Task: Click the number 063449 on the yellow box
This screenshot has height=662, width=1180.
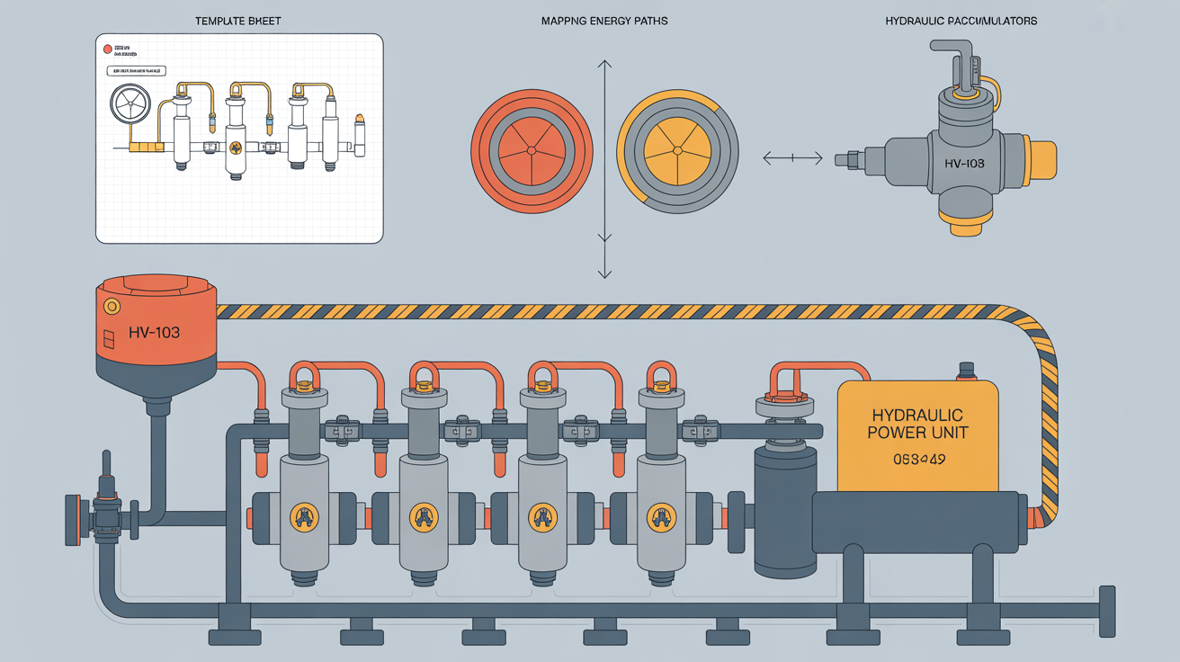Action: (x=917, y=460)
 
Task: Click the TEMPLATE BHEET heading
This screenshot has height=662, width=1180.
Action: (x=238, y=20)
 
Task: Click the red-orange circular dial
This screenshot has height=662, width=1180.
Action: (x=532, y=148)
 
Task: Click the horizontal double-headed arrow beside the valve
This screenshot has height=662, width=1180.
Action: (x=792, y=159)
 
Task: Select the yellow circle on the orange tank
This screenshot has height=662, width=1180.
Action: (x=112, y=307)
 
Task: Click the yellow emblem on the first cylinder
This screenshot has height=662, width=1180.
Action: (x=304, y=516)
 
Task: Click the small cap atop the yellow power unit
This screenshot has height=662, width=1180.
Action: (x=967, y=370)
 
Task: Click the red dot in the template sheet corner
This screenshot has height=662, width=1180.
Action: (x=108, y=49)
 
